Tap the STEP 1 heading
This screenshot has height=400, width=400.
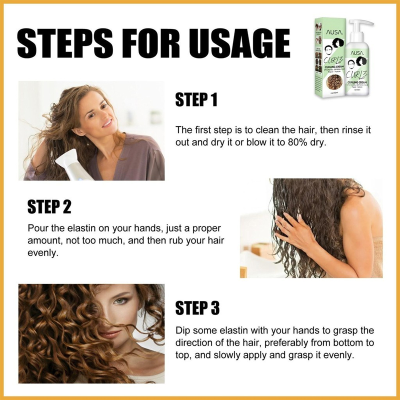pyautogui.click(x=196, y=99)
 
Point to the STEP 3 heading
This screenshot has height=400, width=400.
pyautogui.click(x=197, y=308)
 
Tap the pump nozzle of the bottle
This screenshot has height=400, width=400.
pyautogui.click(x=362, y=24)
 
